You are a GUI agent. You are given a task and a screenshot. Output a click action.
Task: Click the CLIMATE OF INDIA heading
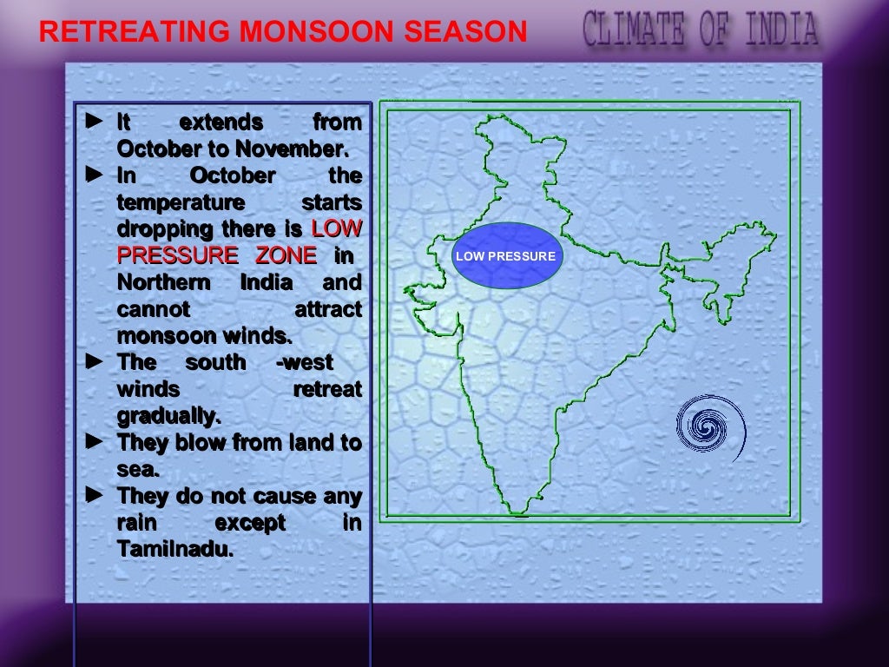tap(700, 28)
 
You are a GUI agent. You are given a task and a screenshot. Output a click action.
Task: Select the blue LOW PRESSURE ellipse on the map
tap(505, 256)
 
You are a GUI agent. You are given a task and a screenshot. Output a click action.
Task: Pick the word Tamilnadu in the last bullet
tap(175, 549)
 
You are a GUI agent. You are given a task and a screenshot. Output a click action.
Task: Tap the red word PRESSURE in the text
tap(177, 255)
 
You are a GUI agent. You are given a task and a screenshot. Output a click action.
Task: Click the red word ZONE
tap(286, 255)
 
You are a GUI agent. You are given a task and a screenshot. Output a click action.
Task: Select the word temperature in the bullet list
tap(181, 202)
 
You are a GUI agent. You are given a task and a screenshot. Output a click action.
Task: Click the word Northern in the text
tap(163, 282)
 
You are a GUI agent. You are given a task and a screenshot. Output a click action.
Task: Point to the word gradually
tap(168, 415)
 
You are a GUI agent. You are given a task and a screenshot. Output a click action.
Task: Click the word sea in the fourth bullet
tap(136, 470)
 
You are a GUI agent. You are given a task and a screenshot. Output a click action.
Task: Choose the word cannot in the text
tap(153, 309)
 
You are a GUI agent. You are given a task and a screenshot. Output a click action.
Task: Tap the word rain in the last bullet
tap(136, 523)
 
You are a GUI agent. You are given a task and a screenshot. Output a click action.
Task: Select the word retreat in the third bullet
tap(327, 389)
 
